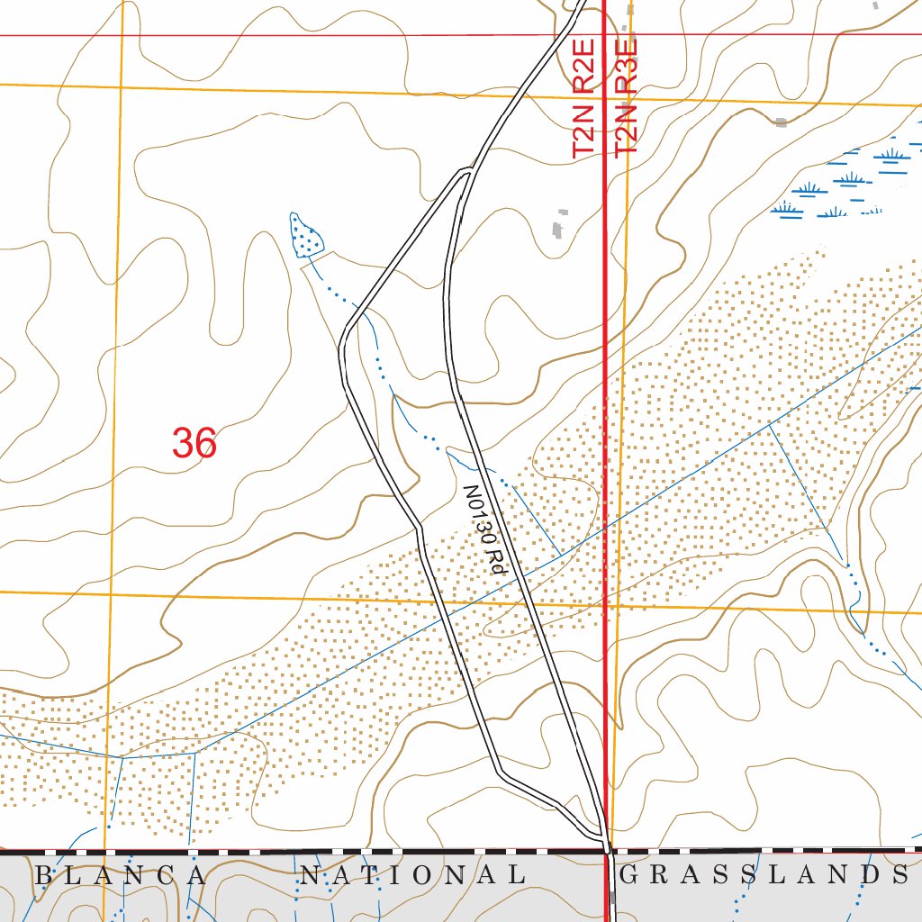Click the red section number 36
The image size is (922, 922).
194,443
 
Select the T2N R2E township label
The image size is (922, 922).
584,99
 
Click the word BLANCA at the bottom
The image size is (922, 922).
121,874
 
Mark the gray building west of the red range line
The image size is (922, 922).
562,224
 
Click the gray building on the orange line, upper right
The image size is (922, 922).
781,121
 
